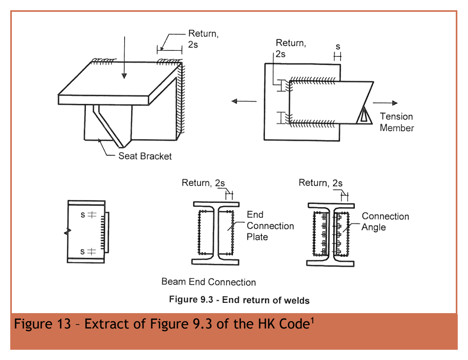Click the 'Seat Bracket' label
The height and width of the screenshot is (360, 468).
pyautogui.click(x=145, y=156)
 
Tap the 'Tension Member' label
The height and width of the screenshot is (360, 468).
pyautogui.click(x=397, y=122)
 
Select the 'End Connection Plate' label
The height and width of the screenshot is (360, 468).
pyautogui.click(x=270, y=226)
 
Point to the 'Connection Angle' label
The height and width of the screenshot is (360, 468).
pyautogui.click(x=385, y=222)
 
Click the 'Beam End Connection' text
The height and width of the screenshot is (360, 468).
pyautogui.click(x=209, y=282)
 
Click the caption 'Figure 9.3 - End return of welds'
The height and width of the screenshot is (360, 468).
pyautogui.click(x=239, y=300)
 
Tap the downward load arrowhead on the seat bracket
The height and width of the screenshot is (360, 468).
pyautogui.click(x=124, y=76)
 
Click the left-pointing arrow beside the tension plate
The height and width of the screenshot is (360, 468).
pyautogui.click(x=244, y=101)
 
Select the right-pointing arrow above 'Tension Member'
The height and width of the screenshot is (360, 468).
pyautogui.click(x=385, y=103)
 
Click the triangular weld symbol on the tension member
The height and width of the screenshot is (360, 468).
pyautogui.click(x=364, y=115)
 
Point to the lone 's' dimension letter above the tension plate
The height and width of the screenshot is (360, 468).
pyautogui.click(x=338, y=47)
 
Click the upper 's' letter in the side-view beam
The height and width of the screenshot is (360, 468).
pyautogui.click(x=83, y=215)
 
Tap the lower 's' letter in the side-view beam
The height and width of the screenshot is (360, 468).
pyautogui.click(x=82, y=252)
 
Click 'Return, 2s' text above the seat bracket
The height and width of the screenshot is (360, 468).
pyautogui.click(x=203, y=39)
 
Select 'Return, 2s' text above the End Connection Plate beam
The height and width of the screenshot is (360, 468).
pyautogui.click(x=203, y=182)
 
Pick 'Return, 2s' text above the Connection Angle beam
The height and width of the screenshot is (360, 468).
pyautogui.click(x=321, y=182)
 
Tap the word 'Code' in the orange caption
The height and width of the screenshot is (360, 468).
pyautogui.click(x=294, y=324)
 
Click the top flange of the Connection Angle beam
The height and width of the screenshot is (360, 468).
pyautogui.click(x=331, y=206)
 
